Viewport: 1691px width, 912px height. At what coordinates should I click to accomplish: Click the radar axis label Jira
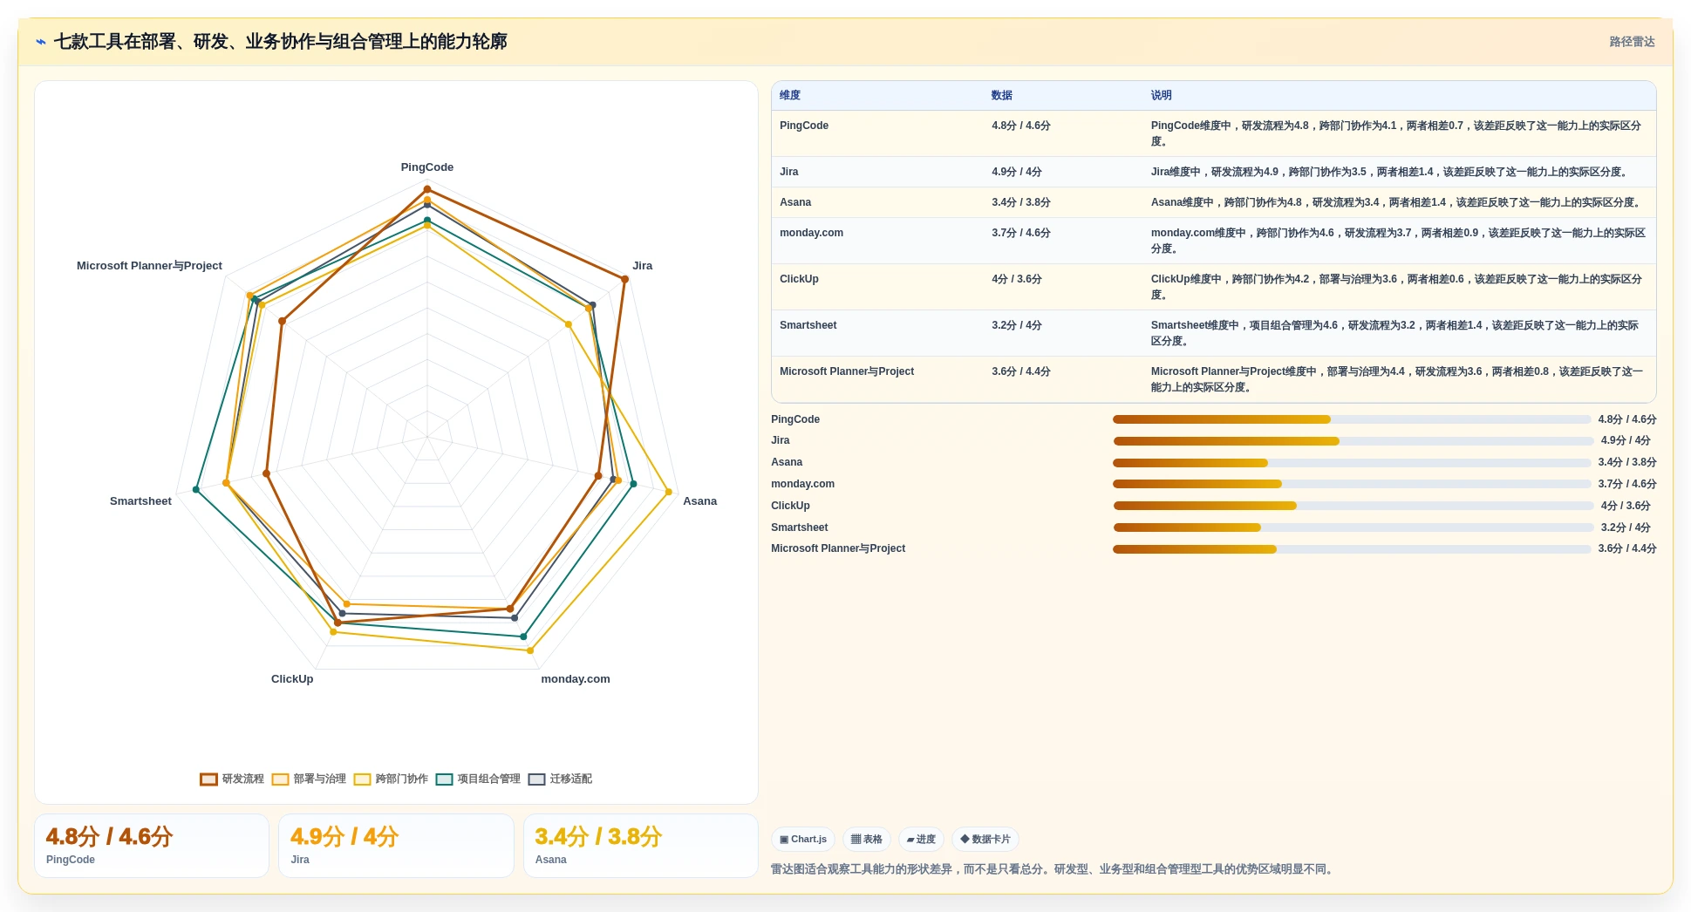pyautogui.click(x=642, y=266)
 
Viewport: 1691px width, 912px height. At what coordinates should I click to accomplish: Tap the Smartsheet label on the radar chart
pyautogui.click(x=140, y=501)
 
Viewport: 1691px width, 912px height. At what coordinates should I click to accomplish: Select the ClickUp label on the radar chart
pyautogui.click(x=292, y=679)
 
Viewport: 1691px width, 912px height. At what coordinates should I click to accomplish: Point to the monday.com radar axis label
pyautogui.click(x=576, y=679)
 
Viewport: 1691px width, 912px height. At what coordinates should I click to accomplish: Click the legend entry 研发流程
pyautogui.click(x=232, y=779)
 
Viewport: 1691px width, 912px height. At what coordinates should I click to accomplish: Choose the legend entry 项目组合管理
pyautogui.click(x=478, y=779)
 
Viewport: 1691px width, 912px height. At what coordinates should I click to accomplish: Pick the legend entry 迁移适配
pyautogui.click(x=560, y=779)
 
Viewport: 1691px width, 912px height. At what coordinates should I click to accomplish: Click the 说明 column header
pyautogui.click(x=1161, y=96)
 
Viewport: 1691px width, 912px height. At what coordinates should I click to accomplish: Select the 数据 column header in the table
pyautogui.click(x=1001, y=96)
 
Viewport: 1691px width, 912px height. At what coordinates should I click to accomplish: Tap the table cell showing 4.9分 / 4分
pyautogui.click(x=1016, y=172)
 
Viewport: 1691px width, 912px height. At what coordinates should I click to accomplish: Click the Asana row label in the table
pyautogui.click(x=795, y=202)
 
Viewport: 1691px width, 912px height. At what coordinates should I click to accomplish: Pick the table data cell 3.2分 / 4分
pyautogui.click(x=1016, y=325)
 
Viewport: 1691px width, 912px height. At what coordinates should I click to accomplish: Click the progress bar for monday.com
pyautogui.click(x=1352, y=484)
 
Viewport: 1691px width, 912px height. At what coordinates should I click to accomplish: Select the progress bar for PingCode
pyautogui.click(x=1352, y=419)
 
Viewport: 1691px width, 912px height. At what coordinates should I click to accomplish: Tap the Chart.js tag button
pyautogui.click(x=803, y=840)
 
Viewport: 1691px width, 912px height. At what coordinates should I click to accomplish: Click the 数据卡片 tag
pyautogui.click(x=985, y=840)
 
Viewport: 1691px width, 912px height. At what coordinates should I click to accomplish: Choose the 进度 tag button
pyautogui.click(x=921, y=840)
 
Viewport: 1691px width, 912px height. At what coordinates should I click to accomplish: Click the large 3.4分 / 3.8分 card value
pyautogui.click(x=598, y=837)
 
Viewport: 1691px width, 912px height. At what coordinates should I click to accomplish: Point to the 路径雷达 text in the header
pyautogui.click(x=1632, y=42)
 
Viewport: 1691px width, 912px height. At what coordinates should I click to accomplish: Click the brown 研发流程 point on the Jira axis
pyautogui.click(x=624, y=279)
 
